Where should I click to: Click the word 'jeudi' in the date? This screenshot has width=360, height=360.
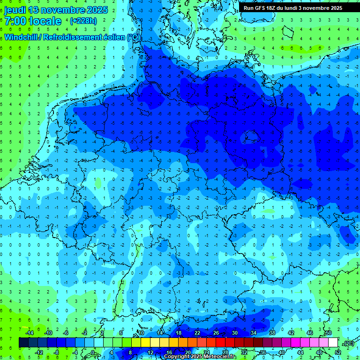pyautogui.click(x=15, y=10)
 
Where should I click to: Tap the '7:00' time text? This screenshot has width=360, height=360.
pyautogui.click(x=15, y=21)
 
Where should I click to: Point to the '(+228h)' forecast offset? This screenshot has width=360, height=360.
pyautogui.click(x=83, y=21)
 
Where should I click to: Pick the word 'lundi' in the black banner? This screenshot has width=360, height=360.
pyautogui.click(x=298, y=8)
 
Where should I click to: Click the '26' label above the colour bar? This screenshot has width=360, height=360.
pyautogui.click(x=216, y=332)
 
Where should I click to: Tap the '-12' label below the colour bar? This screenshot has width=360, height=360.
pyautogui.click(x=38, y=352)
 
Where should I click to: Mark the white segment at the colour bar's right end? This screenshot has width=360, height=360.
pyautogui.click(x=333, y=342)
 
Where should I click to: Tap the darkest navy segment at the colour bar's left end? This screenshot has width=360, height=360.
pyautogui.click(x=23, y=342)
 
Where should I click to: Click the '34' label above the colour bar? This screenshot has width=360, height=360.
pyautogui.click(x=253, y=332)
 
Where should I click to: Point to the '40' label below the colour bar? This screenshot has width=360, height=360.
pyautogui.click(x=281, y=352)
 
